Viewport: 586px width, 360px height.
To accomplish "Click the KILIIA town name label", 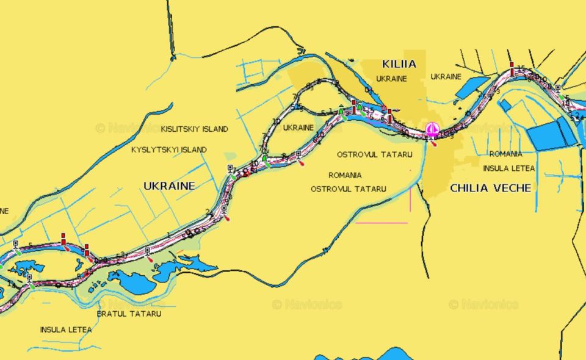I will pyautogui.click(x=399, y=63).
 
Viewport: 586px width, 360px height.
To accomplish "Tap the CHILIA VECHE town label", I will pyautogui.click(x=490, y=188).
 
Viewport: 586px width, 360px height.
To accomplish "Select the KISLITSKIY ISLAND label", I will pyautogui.click(x=195, y=129).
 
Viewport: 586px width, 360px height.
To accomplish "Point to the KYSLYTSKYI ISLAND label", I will pyautogui.click(x=169, y=149).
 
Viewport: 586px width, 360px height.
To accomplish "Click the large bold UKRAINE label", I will pyautogui.click(x=169, y=185).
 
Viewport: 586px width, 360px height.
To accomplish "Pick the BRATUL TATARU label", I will pyautogui.click(x=129, y=314).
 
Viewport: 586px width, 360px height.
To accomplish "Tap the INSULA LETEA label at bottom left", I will pyautogui.click(x=66, y=329).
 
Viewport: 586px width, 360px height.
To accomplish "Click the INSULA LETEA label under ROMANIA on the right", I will pyautogui.click(x=509, y=168).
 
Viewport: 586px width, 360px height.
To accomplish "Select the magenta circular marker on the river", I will pyautogui.click(x=432, y=129).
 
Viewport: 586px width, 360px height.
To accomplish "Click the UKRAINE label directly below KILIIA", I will pyautogui.click(x=391, y=79).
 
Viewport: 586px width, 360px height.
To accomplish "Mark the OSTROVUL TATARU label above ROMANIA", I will pyautogui.click(x=375, y=154).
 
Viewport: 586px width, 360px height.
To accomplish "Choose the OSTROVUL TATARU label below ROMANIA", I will pyautogui.click(x=349, y=189).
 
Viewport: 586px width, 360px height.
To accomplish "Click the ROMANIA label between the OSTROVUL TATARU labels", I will pyautogui.click(x=345, y=175).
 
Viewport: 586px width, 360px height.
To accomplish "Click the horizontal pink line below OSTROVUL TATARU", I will pyautogui.click(x=382, y=223).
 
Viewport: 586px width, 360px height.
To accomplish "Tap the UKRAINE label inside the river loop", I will pyautogui.click(x=298, y=128).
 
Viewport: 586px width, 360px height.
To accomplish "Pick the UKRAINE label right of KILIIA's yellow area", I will pyautogui.click(x=446, y=77).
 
